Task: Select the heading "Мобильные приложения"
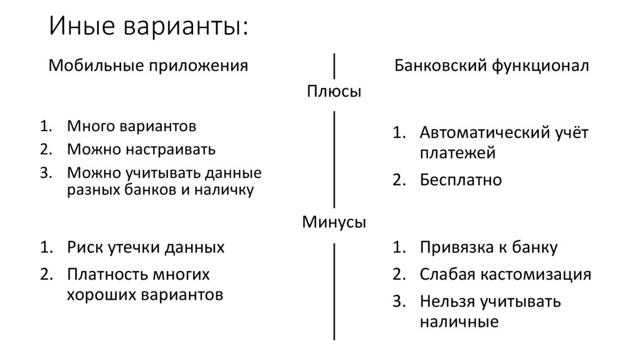pyautogui.click(x=149, y=66)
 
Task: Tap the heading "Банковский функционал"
pyautogui.click(x=492, y=66)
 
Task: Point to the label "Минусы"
pyautogui.click(x=334, y=222)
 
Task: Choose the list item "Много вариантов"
pyautogui.click(x=132, y=126)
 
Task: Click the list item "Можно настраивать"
pyautogui.click(x=142, y=149)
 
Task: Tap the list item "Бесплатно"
pyautogui.click(x=461, y=180)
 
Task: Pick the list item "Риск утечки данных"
pyautogui.click(x=145, y=247)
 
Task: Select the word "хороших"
pyautogui.click(x=96, y=294)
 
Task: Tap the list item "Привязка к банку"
pyautogui.click(x=488, y=247)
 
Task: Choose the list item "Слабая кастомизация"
pyautogui.click(x=505, y=274)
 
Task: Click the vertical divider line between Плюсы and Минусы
pyautogui.click(x=334, y=159)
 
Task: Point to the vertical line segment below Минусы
pyautogui.click(x=334, y=292)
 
